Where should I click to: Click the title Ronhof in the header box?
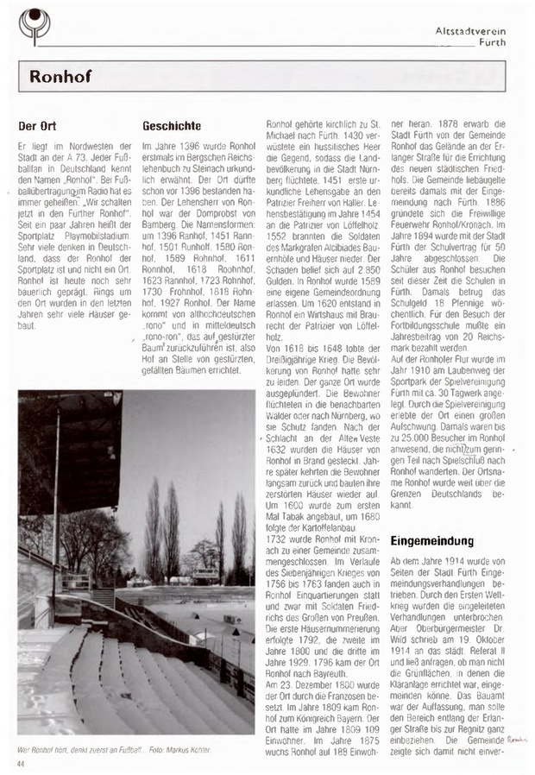click(x=60, y=76)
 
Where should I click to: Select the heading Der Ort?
click(x=37, y=126)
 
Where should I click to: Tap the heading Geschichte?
click(x=171, y=126)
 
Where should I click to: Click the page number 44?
click(x=22, y=764)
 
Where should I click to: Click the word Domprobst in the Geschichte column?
click(x=195, y=224)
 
